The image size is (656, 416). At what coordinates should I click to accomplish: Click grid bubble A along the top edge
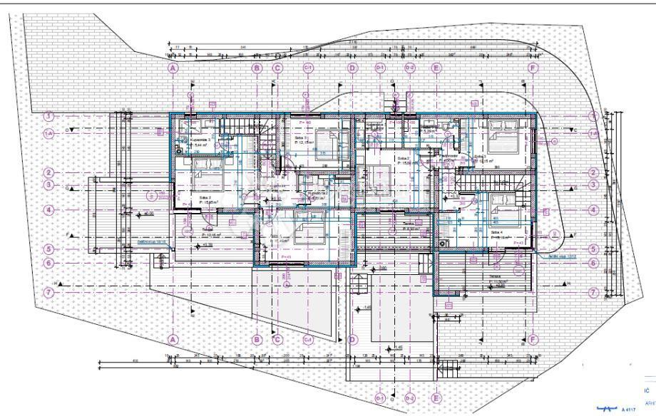point(172,68)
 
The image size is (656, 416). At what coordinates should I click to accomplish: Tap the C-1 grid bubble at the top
point(309,68)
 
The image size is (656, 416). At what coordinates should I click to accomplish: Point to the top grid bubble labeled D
point(352,68)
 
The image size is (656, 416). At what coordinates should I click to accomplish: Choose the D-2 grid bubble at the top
point(409,68)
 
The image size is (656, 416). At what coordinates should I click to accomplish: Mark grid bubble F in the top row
point(532,68)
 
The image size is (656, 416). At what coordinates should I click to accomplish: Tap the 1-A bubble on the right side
point(593,133)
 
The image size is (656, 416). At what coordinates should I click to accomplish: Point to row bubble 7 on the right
point(593,293)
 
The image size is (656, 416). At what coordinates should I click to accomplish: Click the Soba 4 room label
point(497,232)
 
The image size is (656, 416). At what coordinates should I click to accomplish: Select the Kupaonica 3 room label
point(203,141)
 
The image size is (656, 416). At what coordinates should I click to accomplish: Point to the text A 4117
point(628,410)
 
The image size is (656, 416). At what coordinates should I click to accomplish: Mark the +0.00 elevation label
point(148,214)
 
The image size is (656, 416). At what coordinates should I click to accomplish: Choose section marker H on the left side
point(63,284)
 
